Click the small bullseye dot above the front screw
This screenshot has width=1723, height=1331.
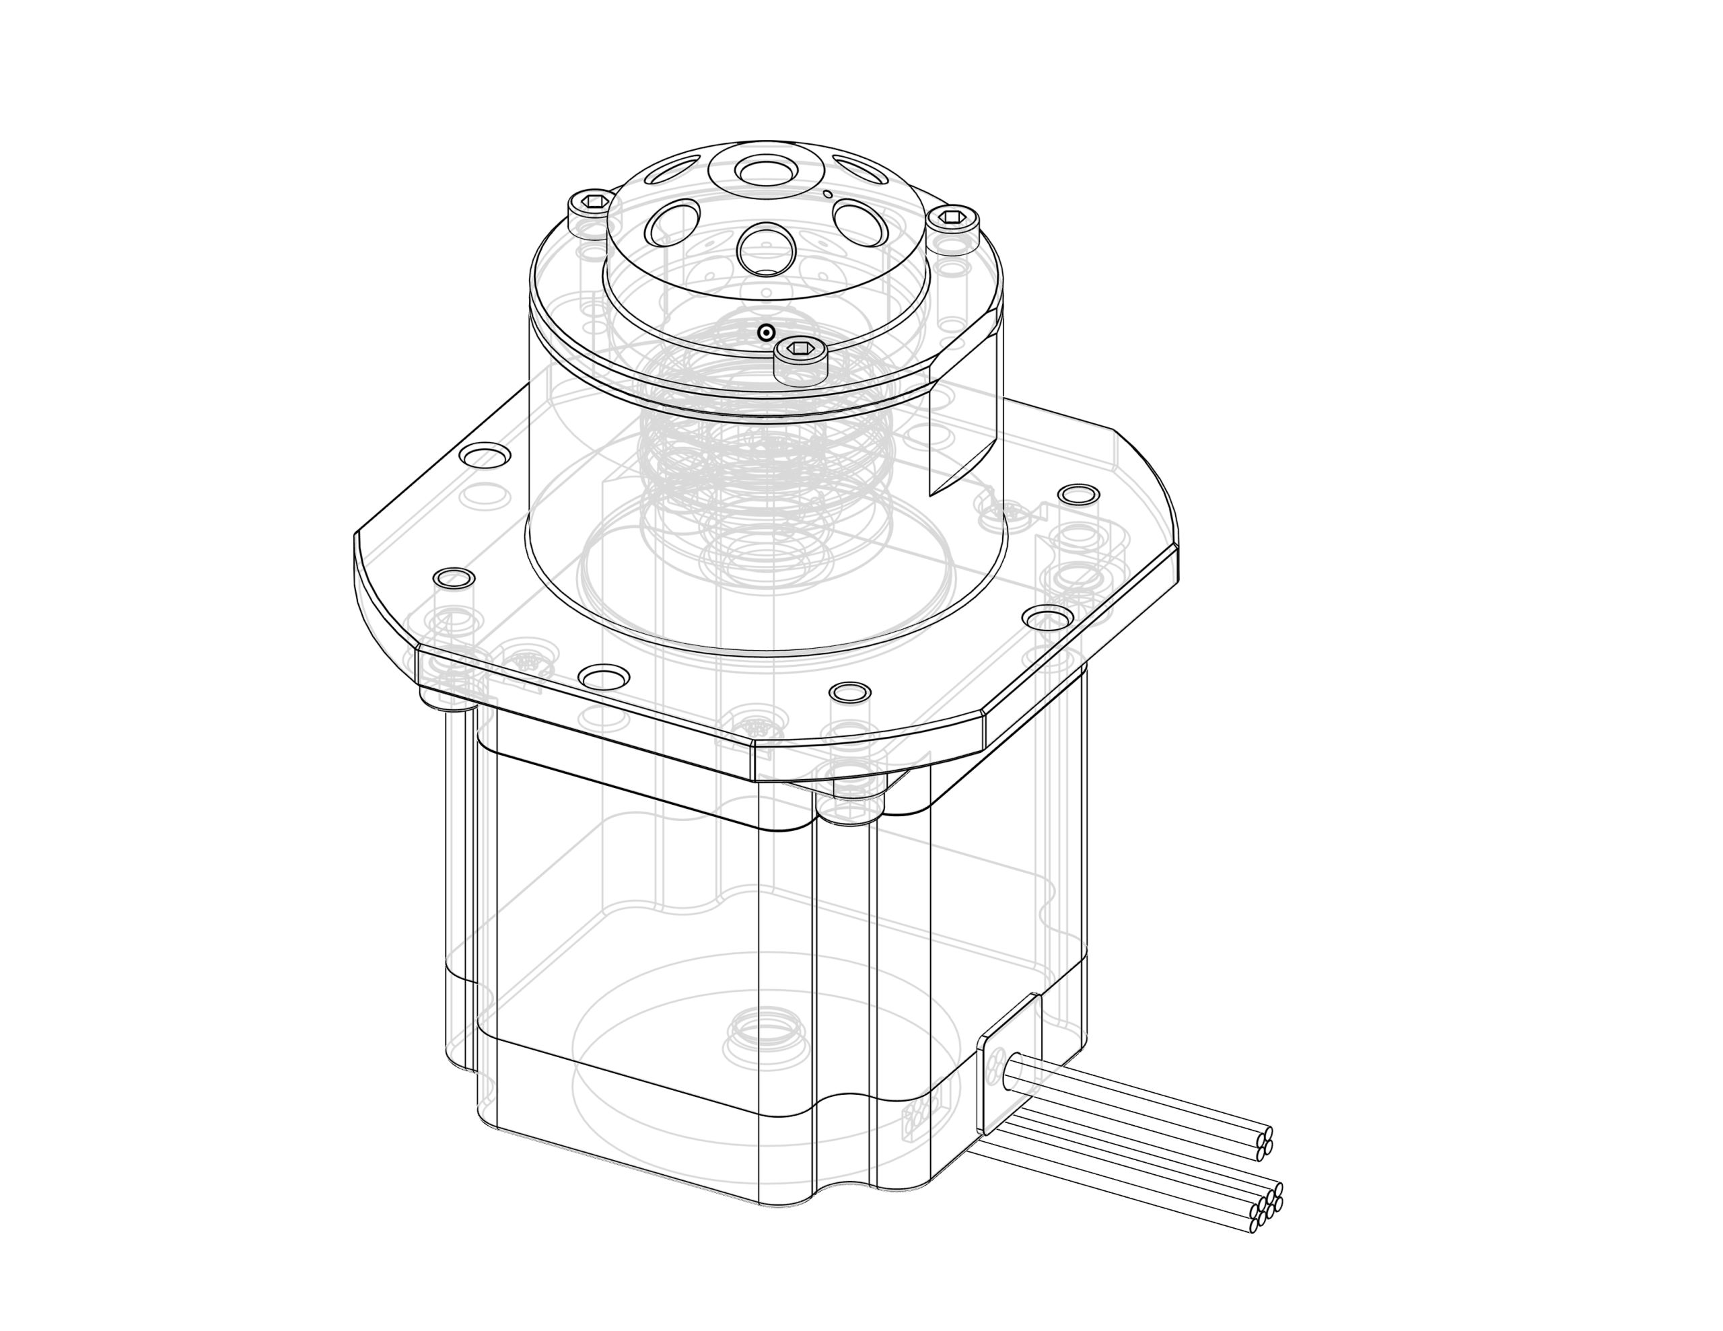(765, 333)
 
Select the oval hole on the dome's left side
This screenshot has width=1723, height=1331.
(673, 221)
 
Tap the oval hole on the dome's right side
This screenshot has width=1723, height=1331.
(858, 221)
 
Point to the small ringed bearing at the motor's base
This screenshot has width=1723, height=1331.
(765, 1035)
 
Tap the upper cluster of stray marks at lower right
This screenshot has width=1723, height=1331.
(1265, 1144)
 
